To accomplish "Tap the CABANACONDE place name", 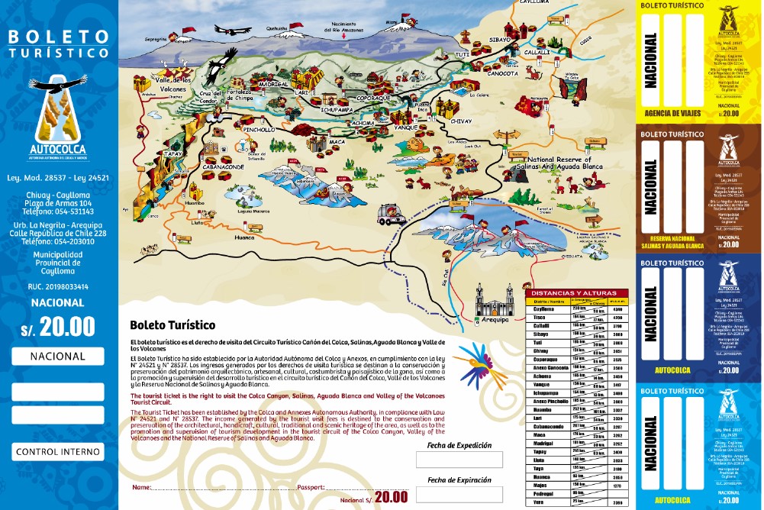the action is coord(223,165).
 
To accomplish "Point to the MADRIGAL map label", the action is coord(272,84).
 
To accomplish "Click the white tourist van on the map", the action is coord(392,215).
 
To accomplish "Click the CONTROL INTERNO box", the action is coord(58,452).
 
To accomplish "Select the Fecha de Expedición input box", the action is coord(459,459).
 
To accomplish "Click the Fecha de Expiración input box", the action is coord(459,494).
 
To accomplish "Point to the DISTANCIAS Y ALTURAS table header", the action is coord(576,292).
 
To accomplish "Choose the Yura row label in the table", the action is coord(538,501).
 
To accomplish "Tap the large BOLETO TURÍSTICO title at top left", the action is coord(59,44).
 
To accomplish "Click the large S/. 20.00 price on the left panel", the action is coord(58,326).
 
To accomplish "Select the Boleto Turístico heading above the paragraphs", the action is coord(172,324).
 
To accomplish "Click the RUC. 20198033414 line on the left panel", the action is coord(58,287).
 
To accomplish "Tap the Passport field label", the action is coord(311,486).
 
